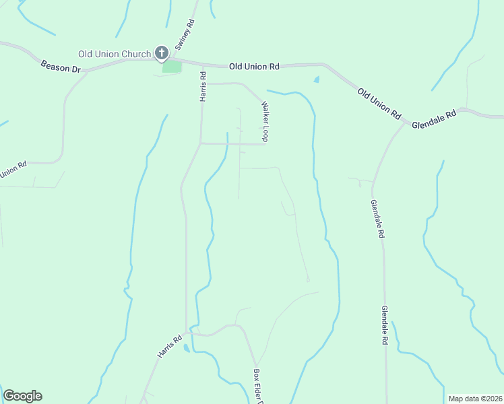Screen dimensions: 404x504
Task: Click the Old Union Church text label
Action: coord(116,54)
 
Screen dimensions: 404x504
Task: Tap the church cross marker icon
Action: coord(162,53)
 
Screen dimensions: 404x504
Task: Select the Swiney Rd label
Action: coord(184,34)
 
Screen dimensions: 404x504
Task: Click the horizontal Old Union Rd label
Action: coord(254,66)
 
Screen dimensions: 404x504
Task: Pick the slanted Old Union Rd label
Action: coord(379,104)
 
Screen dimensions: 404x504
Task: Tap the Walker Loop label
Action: coord(265,121)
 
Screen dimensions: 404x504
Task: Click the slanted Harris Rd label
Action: coord(170,347)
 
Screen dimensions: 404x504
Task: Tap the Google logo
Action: coord(22,396)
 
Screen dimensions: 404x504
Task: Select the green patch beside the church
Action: coord(172,67)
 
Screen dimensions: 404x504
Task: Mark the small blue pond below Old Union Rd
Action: coord(317,79)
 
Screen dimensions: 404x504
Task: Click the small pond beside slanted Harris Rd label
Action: coord(186,348)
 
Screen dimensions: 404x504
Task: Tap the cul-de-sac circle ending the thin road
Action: coord(307,279)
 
